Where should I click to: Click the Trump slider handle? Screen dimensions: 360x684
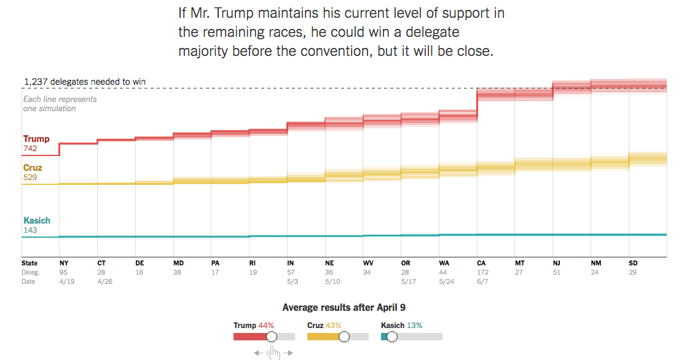[x=272, y=337]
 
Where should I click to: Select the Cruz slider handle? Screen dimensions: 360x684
[x=344, y=337]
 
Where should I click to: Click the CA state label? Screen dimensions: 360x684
[x=481, y=263]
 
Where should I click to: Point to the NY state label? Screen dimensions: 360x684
[x=63, y=263]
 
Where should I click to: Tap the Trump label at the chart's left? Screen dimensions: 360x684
[x=36, y=139]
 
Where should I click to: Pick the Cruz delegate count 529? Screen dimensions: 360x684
[x=30, y=177]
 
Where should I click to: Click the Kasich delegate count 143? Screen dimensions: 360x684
[x=30, y=230]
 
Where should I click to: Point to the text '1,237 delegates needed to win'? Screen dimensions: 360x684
[x=85, y=82]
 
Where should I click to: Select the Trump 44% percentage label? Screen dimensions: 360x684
[x=265, y=325]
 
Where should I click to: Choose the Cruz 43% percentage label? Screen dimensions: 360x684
[x=332, y=325]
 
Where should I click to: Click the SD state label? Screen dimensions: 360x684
[x=633, y=263]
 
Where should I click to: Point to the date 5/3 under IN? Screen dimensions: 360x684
[x=292, y=281]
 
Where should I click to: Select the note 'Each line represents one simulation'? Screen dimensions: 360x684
[x=60, y=104]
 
